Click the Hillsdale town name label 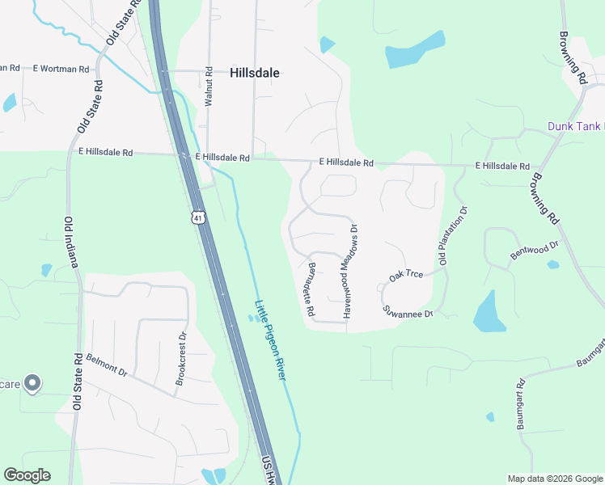[255, 73]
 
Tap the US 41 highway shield [198, 217]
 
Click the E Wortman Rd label [61, 70]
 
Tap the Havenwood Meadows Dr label [350, 271]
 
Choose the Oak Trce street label [406, 276]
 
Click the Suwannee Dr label [409, 312]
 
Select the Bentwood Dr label [535, 250]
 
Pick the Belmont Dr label [107, 365]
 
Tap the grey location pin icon [32, 382]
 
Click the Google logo [27, 475]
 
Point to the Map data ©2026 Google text [554, 479]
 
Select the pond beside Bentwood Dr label [552, 264]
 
